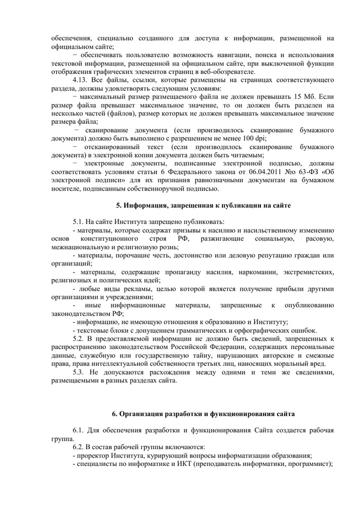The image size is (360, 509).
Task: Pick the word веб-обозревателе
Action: [224, 71]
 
